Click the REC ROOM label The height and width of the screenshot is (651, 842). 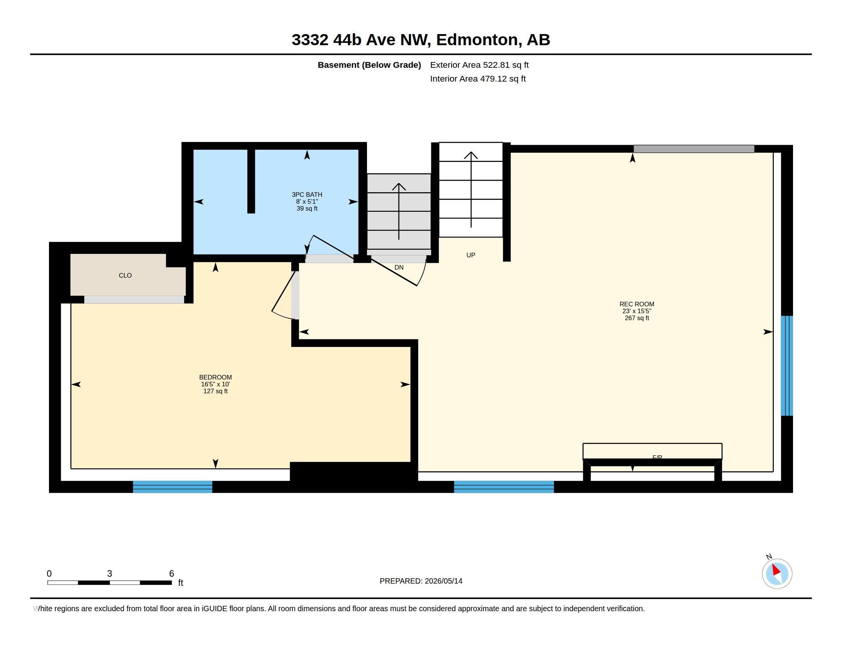(x=636, y=304)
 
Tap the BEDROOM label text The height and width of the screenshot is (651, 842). (x=215, y=377)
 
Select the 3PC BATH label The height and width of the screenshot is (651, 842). (x=307, y=195)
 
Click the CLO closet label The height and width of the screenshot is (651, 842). (x=125, y=275)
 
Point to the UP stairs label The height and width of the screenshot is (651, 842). (x=471, y=255)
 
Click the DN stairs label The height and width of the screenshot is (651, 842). (x=399, y=267)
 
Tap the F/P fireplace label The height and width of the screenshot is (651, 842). (x=657, y=457)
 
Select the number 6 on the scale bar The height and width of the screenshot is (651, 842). (x=171, y=574)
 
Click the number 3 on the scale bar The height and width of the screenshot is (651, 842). (x=109, y=574)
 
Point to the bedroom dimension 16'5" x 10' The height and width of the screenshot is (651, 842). (x=215, y=384)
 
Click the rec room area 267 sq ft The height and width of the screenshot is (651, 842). (x=637, y=318)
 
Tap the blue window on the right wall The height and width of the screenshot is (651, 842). (x=787, y=366)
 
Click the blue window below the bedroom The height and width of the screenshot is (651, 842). (x=173, y=487)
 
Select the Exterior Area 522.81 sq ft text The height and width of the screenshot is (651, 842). (x=479, y=65)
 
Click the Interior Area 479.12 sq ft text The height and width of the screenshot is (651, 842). (x=478, y=79)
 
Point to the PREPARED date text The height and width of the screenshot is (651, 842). (x=421, y=581)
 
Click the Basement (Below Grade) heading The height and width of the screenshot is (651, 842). (x=369, y=65)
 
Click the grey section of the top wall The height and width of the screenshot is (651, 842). (x=694, y=149)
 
